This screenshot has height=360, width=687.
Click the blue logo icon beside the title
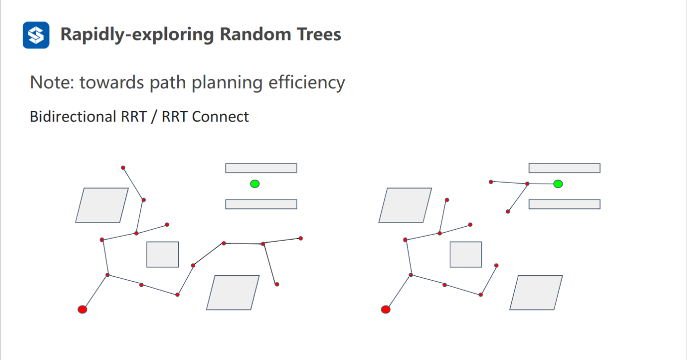tap(36, 35)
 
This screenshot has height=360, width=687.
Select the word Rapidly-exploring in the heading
tap(138, 35)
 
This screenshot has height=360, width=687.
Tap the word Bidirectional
tap(72, 116)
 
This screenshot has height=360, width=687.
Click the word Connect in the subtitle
tap(220, 116)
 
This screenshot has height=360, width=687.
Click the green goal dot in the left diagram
tap(255, 184)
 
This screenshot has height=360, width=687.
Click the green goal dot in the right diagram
tap(558, 184)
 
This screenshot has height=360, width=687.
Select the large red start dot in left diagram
tap(83, 309)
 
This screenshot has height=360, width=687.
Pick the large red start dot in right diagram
tap(386, 309)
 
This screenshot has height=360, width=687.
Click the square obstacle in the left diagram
tap(162, 255)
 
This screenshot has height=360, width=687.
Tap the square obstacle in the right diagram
tap(466, 255)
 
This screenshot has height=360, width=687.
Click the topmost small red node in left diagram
tap(123, 168)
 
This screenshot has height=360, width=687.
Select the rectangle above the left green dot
tap(261, 168)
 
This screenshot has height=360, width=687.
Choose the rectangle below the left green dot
tap(261, 204)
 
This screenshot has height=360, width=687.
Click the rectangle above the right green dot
tap(564, 168)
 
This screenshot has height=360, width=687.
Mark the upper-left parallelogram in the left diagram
tap(102, 205)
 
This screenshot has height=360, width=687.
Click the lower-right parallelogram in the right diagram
tap(536, 293)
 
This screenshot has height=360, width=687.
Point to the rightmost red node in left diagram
tap(301, 238)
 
